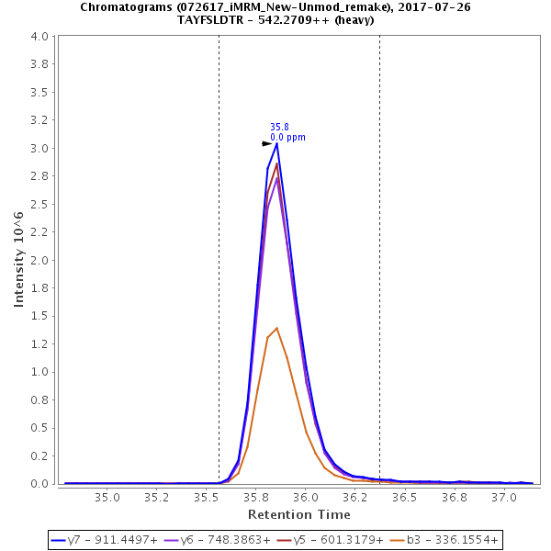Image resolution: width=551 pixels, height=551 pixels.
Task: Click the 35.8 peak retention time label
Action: click(x=279, y=128)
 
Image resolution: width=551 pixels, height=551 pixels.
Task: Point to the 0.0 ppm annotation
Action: click(x=287, y=138)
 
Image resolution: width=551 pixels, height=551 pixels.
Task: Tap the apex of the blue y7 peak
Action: click(x=276, y=143)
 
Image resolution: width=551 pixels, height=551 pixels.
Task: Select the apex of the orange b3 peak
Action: click(x=276, y=328)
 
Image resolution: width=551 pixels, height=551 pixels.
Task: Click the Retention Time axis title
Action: click(x=298, y=514)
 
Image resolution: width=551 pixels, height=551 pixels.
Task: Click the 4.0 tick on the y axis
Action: click(x=39, y=37)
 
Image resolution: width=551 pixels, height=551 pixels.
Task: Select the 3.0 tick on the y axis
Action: click(x=39, y=149)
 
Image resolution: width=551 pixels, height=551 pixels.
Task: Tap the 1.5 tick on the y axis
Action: click(x=39, y=316)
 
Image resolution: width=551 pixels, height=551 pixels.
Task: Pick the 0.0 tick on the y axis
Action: click(x=39, y=483)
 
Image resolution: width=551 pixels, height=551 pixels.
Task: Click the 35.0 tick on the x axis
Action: click(x=107, y=497)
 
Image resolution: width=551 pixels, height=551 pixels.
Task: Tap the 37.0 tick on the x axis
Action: click(x=503, y=497)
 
